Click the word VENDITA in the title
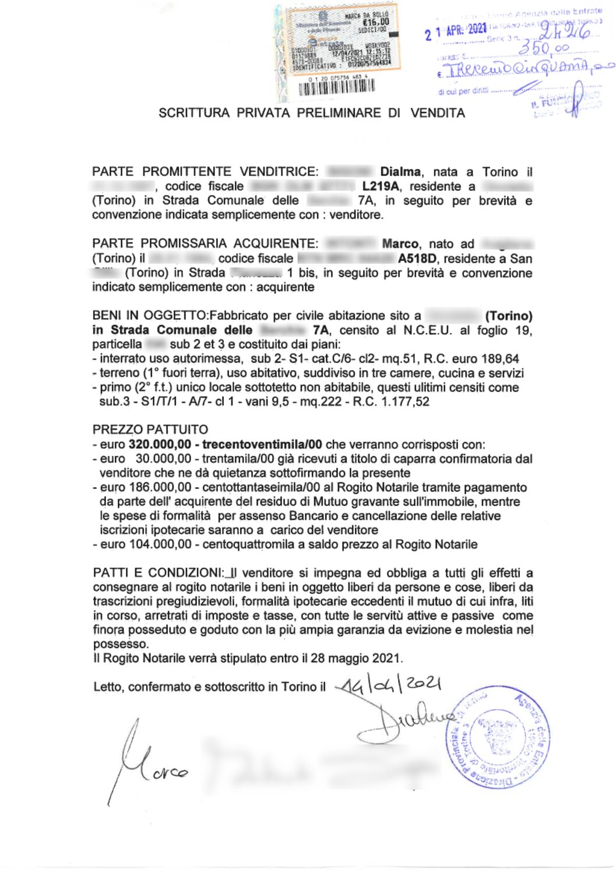point(438,113)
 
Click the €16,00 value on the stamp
point(375,22)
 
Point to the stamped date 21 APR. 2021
point(456,30)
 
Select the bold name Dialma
point(400,172)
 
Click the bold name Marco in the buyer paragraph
point(400,244)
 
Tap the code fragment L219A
point(381,186)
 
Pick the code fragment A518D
point(417,259)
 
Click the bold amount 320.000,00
point(160,445)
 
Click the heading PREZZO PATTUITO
point(150,430)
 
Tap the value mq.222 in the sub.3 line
point(321,402)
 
